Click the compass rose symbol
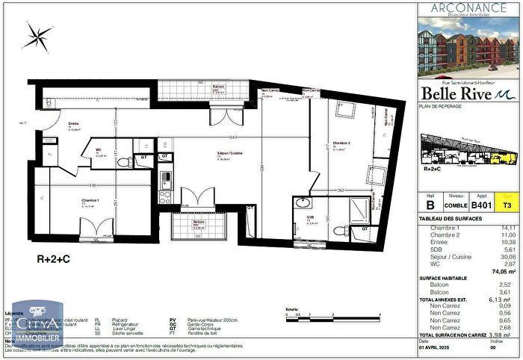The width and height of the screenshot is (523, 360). [37, 34]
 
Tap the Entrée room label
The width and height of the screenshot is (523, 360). [74, 124]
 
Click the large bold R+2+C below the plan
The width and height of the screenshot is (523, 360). [54, 261]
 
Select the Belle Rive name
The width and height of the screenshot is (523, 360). [457, 93]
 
